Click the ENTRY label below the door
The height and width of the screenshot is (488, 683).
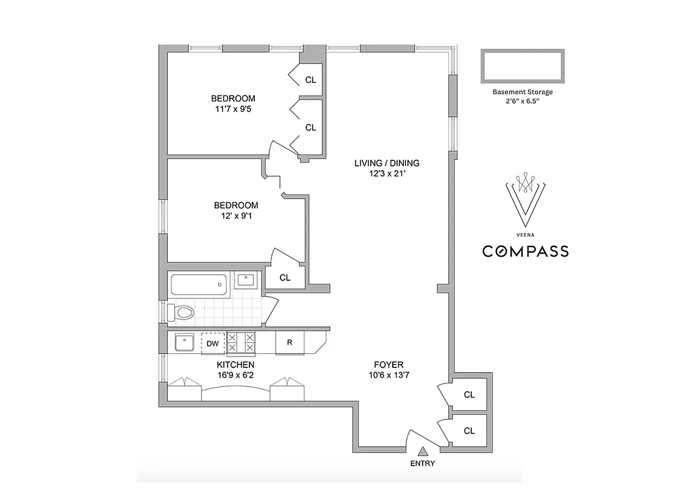click(423, 464)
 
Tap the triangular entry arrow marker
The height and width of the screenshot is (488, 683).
click(423, 451)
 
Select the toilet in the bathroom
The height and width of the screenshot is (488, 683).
click(181, 313)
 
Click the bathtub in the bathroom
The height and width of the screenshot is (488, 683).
click(198, 284)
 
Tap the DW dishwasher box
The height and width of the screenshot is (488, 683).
click(212, 343)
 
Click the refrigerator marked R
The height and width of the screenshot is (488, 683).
click(290, 342)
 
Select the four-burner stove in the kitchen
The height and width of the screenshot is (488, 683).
click(241, 343)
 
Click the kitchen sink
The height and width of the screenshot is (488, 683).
click(184, 342)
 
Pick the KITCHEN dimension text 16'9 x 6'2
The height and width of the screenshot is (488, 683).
click(236, 375)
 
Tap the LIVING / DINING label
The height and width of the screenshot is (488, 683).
click(387, 163)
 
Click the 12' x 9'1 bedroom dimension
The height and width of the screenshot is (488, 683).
click(235, 216)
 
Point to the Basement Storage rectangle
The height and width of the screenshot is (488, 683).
click(523, 66)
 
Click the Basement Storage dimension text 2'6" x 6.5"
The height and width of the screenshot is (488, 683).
click(523, 102)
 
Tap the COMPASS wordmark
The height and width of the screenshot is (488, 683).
click(526, 251)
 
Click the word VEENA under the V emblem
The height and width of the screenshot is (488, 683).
click(525, 233)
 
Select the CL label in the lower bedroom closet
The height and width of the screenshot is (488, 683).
click(285, 278)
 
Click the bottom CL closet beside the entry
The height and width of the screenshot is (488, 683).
click(469, 431)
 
